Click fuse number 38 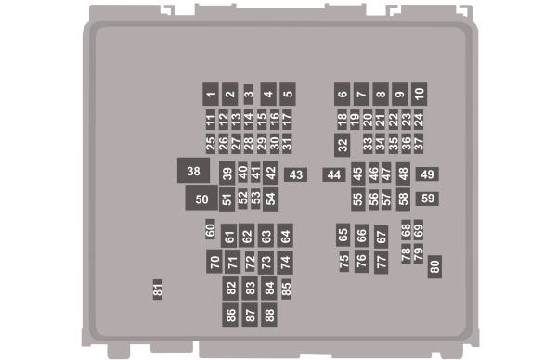tap(193, 171)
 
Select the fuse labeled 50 tap(201, 198)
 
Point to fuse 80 tap(434, 266)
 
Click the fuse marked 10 tap(419, 93)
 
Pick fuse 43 tap(296, 174)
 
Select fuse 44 tap(333, 174)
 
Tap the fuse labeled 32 tap(343, 145)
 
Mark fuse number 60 tap(211, 229)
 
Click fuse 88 tap(269, 315)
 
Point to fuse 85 tap(287, 289)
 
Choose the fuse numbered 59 tap(427, 198)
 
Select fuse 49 tap(427, 174)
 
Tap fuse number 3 tap(249, 94)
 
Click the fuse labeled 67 tap(381, 236)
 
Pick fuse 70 tap(214, 262)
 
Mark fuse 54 tap(270, 198)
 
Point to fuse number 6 tap(343, 93)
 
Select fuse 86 tap(230, 315)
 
